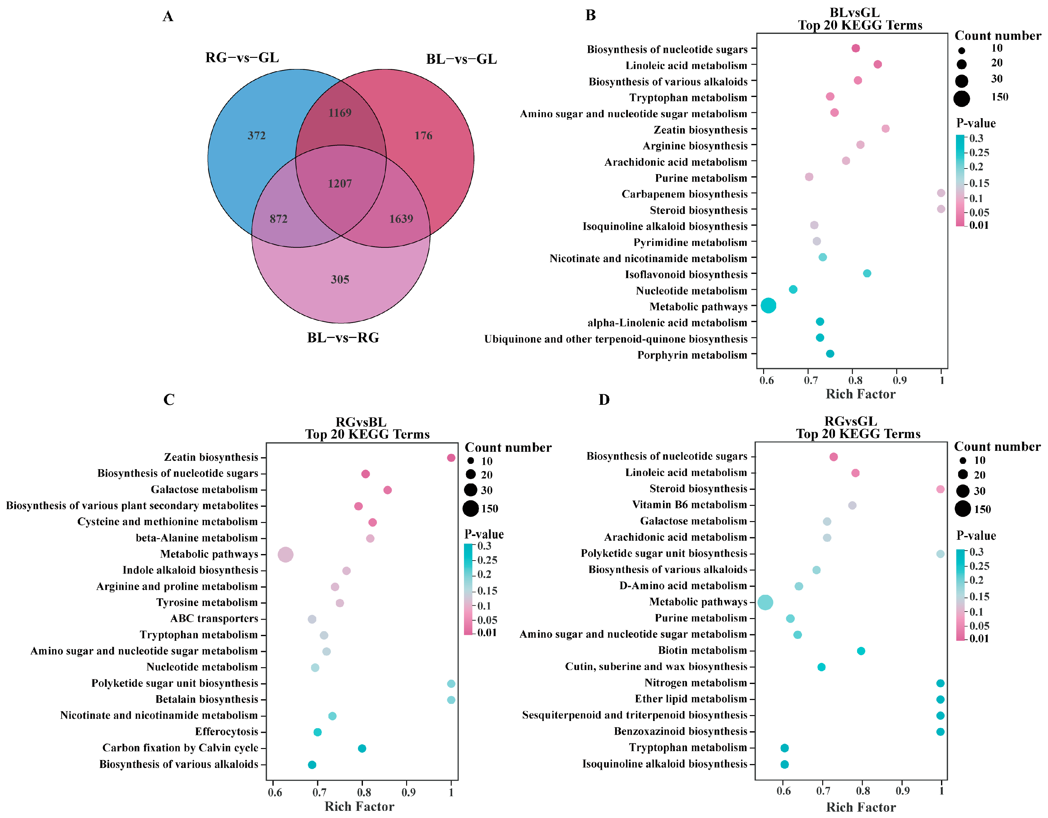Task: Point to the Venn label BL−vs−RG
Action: coord(343,338)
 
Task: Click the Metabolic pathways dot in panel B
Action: coord(768,306)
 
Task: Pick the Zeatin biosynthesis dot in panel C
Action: coord(451,458)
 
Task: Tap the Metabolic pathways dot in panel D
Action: coord(765,602)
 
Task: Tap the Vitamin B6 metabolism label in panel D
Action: coord(689,505)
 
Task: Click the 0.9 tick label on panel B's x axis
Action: coord(899,381)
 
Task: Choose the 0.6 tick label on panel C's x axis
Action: coord(275,792)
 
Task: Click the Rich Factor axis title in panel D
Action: coord(860,807)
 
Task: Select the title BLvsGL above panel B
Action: coord(854,12)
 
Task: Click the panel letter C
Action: coord(169,400)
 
